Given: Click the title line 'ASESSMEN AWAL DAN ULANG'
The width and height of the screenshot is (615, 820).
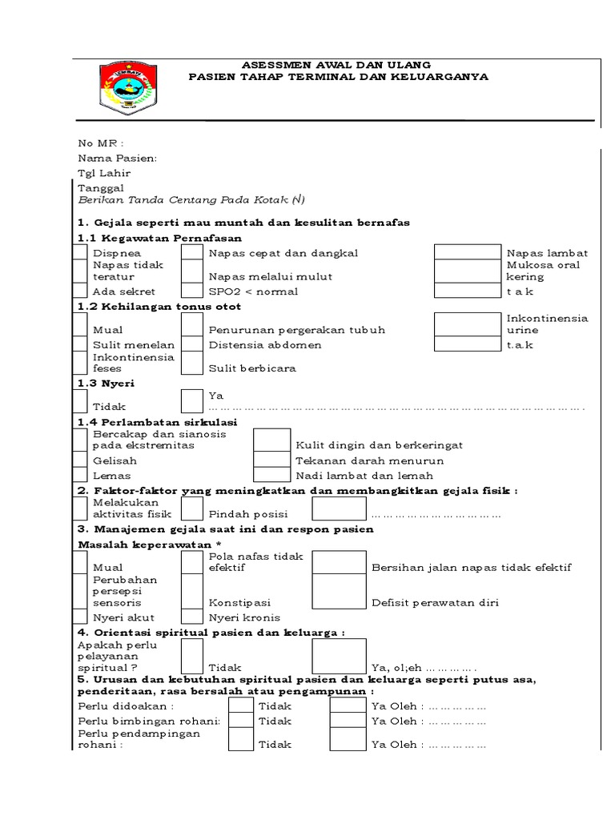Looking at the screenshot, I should click(336, 65).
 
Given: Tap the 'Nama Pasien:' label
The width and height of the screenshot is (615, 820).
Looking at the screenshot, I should click(117, 159).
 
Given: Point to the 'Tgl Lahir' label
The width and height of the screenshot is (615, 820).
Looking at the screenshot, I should click(103, 173).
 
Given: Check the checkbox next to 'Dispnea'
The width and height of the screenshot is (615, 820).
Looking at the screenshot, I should click(80, 253).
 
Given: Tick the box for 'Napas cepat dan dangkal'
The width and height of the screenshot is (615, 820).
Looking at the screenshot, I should click(191, 253).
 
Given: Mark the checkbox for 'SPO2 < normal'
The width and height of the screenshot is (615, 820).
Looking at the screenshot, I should click(191, 291).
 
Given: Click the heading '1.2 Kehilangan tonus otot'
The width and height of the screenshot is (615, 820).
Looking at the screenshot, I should click(159, 306).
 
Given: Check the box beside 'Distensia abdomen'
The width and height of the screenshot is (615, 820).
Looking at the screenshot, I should click(191, 345).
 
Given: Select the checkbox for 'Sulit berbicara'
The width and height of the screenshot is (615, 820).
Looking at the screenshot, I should click(191, 364).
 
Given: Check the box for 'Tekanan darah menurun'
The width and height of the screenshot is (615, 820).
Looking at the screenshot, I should click(271, 460).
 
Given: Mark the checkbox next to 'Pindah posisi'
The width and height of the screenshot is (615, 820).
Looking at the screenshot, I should click(191, 508).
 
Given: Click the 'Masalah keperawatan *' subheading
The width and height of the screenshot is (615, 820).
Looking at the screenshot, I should click(149, 545).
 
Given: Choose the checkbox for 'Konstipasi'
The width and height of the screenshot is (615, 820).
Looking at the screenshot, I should click(191, 592).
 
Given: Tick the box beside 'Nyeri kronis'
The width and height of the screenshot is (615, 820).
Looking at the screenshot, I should click(191, 617).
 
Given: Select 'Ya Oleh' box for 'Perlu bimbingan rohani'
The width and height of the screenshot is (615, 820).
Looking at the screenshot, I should click(348, 721).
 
